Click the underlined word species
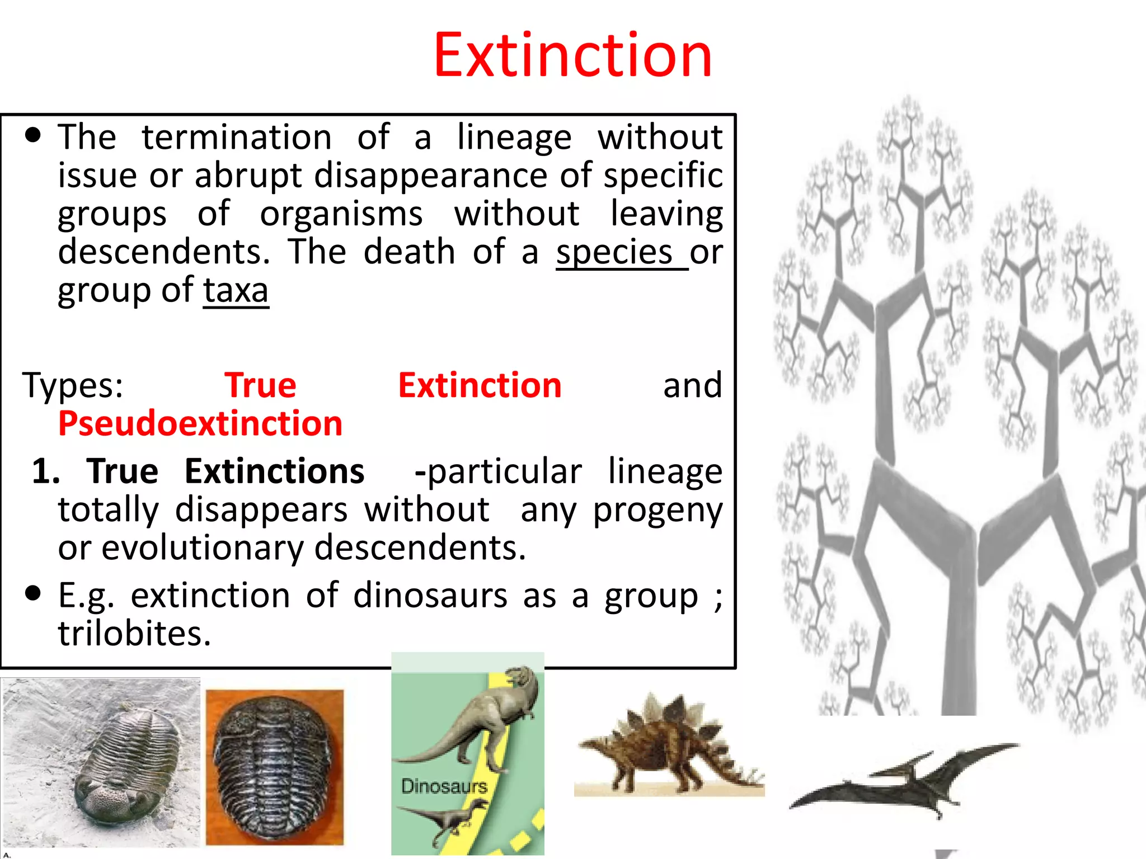(x=614, y=252)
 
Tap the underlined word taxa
(x=236, y=291)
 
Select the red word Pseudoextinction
(x=200, y=423)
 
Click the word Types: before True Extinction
(x=73, y=386)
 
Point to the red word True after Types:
(x=260, y=386)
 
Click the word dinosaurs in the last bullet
(x=430, y=595)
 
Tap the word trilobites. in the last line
(x=135, y=634)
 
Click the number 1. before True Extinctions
(x=46, y=471)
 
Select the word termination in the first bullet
(x=237, y=137)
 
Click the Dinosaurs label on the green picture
(x=444, y=786)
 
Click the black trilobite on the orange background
(x=274, y=766)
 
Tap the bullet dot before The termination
(x=34, y=135)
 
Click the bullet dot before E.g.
(x=34, y=593)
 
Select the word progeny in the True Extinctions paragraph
(x=657, y=510)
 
